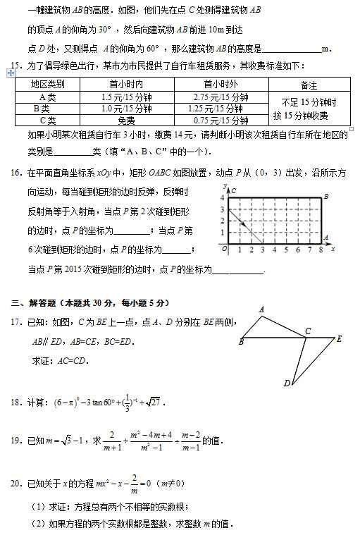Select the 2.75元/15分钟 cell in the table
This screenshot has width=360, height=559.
(220, 97)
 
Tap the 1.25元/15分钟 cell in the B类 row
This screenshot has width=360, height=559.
(220, 109)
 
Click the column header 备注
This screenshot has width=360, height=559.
(309, 85)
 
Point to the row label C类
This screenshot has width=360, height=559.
(47, 121)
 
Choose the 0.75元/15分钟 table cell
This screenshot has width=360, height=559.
(220, 121)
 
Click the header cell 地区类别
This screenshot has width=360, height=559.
(47, 85)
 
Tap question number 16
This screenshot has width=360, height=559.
(15, 172)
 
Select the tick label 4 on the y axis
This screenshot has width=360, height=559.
(223, 199)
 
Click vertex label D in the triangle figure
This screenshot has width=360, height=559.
(287, 383)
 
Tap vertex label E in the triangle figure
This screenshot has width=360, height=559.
(340, 339)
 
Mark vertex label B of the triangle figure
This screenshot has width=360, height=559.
(242, 343)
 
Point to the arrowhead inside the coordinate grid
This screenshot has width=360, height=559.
(243, 224)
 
